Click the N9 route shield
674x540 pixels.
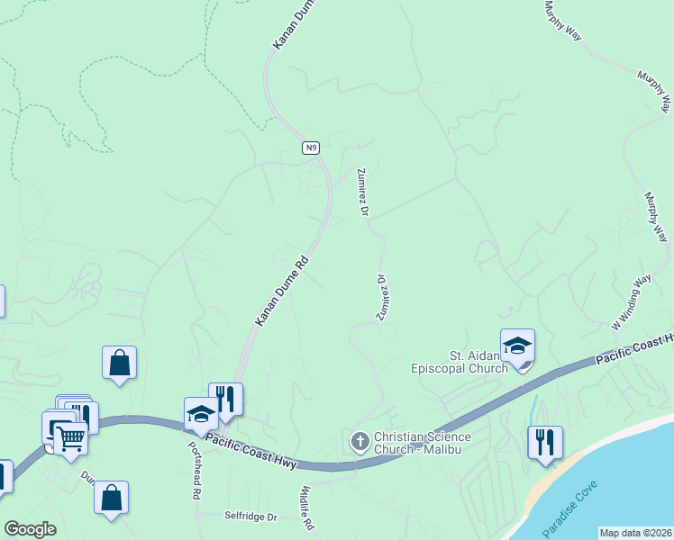(x=311, y=147)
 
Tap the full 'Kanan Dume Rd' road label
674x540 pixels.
(x=281, y=292)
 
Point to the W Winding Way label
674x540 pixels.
(x=631, y=301)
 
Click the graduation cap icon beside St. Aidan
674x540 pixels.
(x=517, y=346)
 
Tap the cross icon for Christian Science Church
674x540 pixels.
(x=359, y=441)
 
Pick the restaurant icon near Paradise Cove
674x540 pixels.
(x=544, y=443)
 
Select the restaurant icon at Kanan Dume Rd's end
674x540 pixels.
(x=225, y=399)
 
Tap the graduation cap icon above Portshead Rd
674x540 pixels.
(x=201, y=414)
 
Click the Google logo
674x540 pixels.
(x=31, y=529)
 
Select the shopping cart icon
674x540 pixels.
(x=70, y=438)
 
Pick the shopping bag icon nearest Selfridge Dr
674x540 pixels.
(x=111, y=498)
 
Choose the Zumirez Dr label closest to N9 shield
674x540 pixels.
(x=363, y=192)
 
